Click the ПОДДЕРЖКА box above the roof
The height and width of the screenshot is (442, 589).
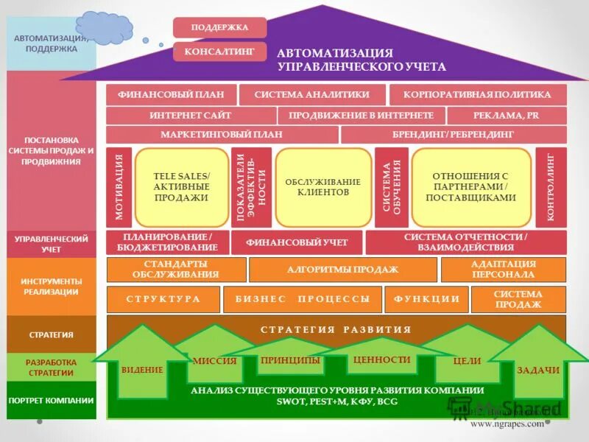click(219, 27)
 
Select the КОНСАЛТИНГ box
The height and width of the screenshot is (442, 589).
click(219, 52)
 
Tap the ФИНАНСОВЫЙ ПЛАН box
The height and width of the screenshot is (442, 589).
click(171, 94)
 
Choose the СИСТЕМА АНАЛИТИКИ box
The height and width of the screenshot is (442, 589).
click(311, 94)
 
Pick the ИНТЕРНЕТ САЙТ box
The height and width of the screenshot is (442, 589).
click(191, 116)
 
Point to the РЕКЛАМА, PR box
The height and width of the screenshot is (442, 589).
click(507, 116)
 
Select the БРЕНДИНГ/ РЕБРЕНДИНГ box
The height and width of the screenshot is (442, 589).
click(454, 135)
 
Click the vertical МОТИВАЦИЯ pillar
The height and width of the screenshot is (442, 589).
click(119, 187)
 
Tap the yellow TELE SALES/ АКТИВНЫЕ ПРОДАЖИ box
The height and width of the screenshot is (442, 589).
click(181, 187)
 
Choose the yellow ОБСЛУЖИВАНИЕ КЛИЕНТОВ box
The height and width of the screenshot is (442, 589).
click(323, 187)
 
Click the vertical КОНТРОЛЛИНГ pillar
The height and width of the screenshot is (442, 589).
click(551, 187)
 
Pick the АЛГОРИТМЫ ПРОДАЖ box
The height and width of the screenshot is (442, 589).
click(342, 270)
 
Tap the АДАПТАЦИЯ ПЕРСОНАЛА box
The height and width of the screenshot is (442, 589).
click(504, 270)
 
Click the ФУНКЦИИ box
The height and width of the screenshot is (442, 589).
click(427, 299)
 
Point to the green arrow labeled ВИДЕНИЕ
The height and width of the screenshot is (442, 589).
click(142, 368)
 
